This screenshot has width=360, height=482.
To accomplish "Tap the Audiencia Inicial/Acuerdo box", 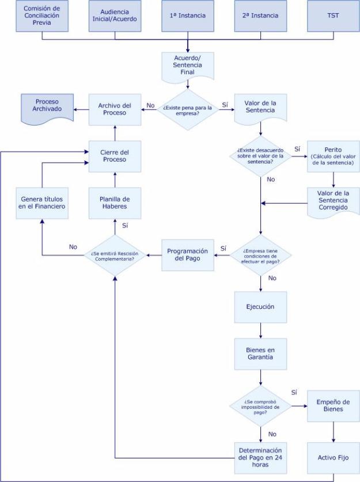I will (115, 16).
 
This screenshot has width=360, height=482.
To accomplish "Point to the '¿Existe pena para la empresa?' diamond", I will (188, 109).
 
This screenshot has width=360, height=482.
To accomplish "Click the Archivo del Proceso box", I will (115, 109).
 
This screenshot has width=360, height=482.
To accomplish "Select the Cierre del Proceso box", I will (115, 156).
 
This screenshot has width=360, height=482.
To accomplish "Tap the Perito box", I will (334, 156).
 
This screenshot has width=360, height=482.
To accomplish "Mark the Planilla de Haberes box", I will (115, 202).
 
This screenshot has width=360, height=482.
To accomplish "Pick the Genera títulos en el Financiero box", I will (42, 202).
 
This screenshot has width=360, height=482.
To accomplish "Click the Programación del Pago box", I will (187, 255).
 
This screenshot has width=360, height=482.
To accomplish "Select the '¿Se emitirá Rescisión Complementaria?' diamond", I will (115, 255).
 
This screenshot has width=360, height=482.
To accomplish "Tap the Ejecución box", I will (261, 307).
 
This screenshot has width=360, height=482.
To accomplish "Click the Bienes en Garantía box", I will (261, 353).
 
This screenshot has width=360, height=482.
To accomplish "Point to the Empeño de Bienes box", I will (334, 405).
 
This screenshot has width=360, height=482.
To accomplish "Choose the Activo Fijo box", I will (334, 458).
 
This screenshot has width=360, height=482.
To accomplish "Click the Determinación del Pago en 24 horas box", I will (261, 458).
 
